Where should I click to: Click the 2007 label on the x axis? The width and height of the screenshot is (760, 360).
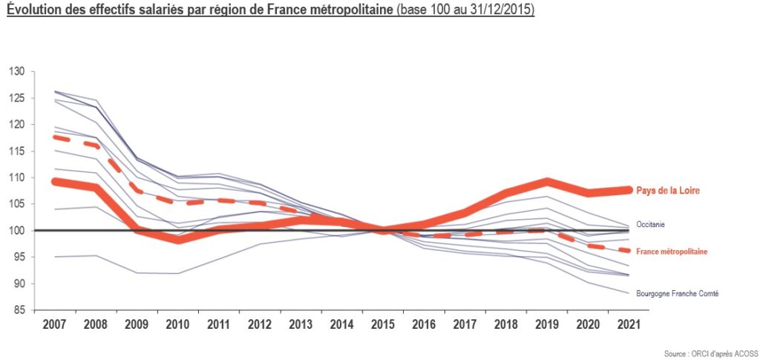click(53, 324)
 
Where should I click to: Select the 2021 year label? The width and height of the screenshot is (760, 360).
click(629, 324)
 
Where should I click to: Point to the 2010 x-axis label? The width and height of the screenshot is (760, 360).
click(177, 324)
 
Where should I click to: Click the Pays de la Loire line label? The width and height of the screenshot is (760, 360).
click(668, 191)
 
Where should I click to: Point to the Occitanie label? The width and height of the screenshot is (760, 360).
click(650, 225)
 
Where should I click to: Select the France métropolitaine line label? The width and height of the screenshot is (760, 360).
click(671, 252)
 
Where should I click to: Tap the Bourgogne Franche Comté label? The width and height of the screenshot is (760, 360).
click(677, 294)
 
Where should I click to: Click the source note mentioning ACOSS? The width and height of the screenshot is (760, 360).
click(712, 354)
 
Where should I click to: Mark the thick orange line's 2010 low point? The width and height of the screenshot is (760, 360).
click(178, 239)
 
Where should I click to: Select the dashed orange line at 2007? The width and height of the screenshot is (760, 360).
click(54, 137)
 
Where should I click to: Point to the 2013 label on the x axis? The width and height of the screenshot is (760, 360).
click(301, 324)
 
